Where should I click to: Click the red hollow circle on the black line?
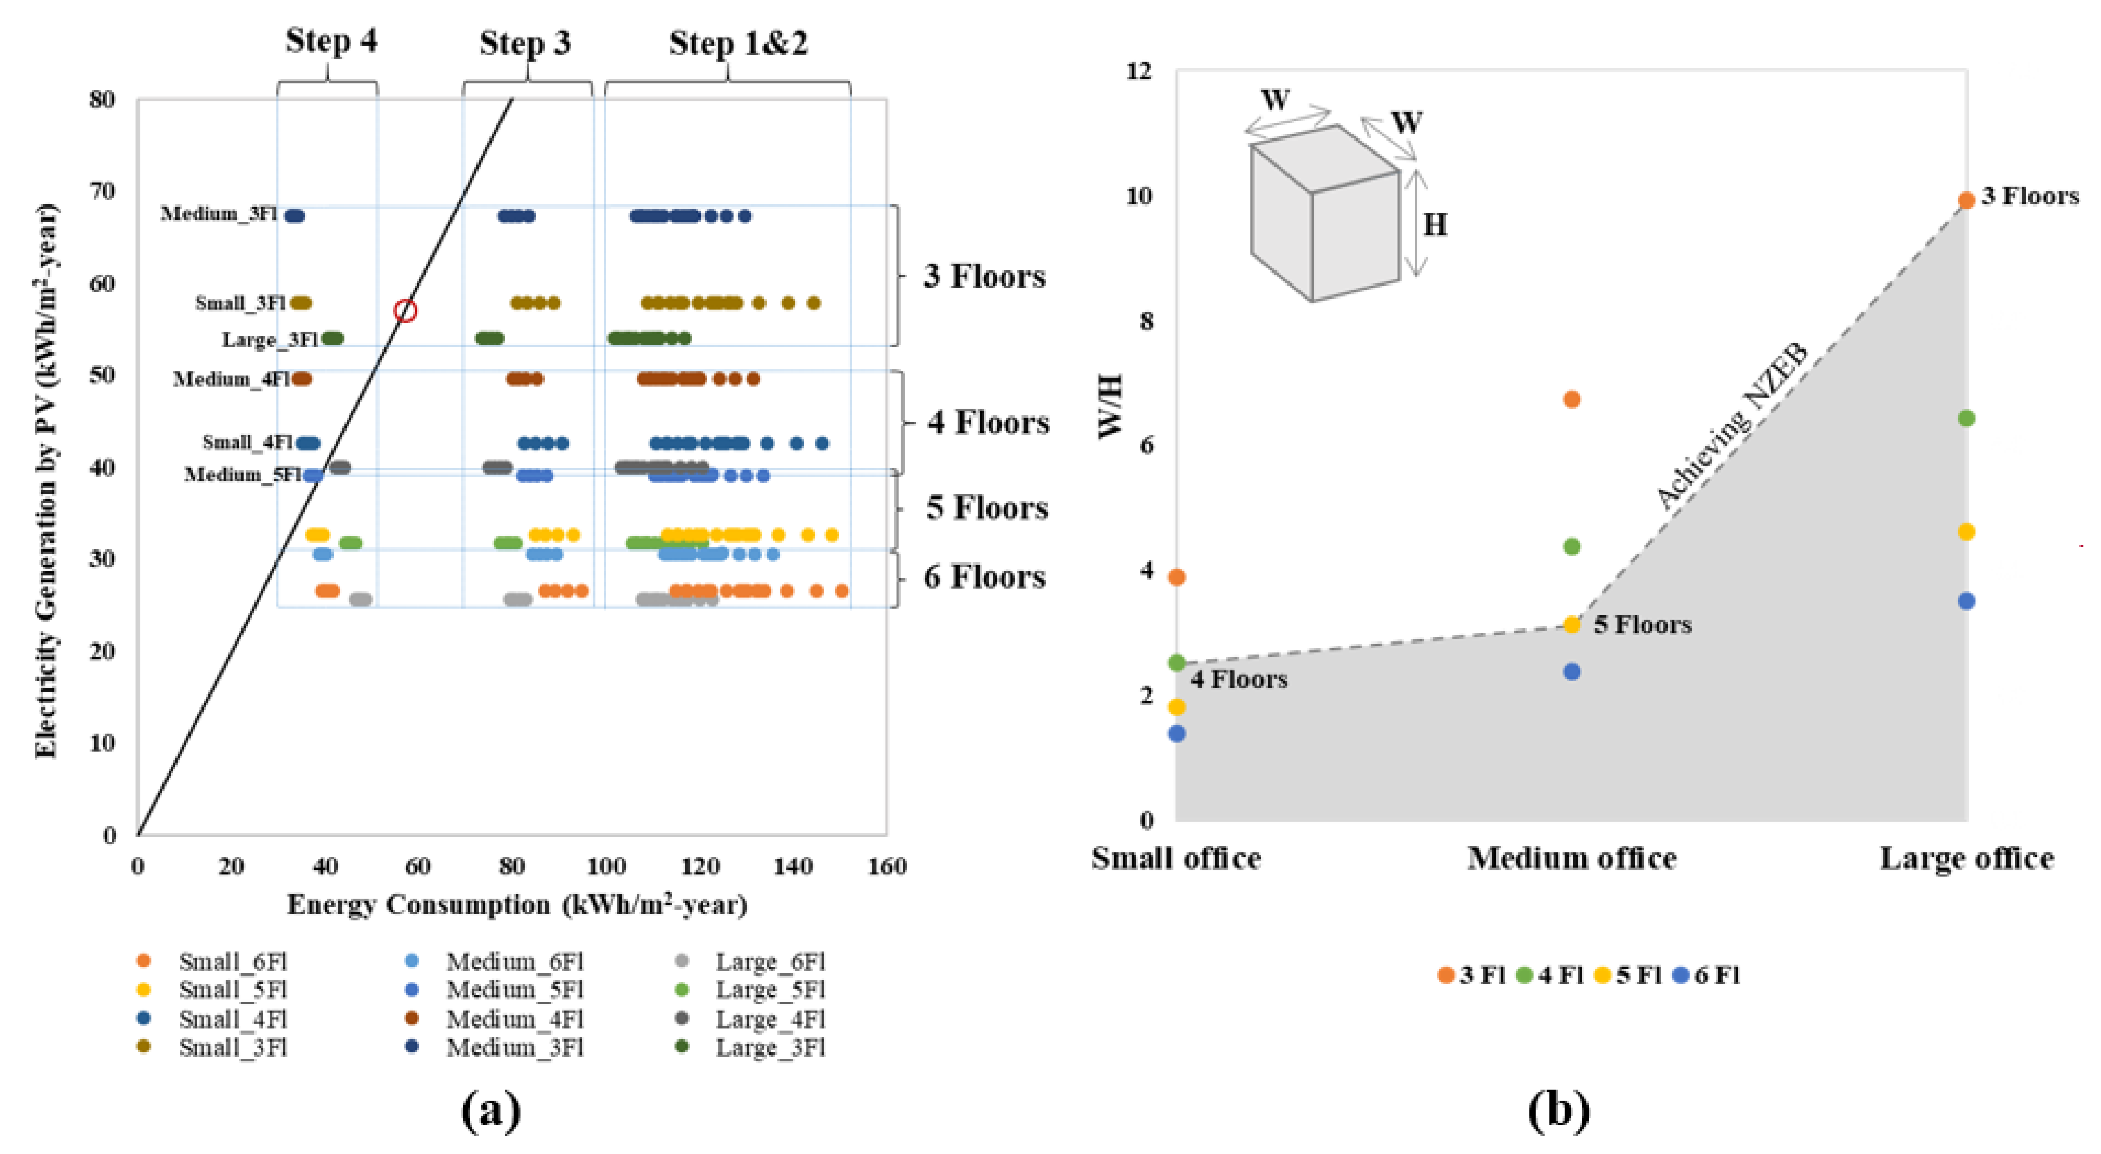tap(406, 311)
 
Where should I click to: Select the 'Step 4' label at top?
tap(331, 41)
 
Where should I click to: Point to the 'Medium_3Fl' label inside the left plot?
tap(218, 214)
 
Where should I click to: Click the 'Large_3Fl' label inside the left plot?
tap(269, 339)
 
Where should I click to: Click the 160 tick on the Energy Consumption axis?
tap(886, 866)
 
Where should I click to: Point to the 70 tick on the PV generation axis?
tap(102, 191)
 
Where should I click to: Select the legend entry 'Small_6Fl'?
tap(233, 961)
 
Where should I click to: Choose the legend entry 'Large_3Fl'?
tap(770, 1047)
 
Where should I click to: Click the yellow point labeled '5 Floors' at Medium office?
tap(1572, 624)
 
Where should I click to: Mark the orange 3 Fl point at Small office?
tap(1176, 578)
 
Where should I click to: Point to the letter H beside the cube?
tap(1434, 225)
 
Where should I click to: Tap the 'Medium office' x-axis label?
tap(1572, 859)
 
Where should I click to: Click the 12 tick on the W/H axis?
tap(1140, 71)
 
